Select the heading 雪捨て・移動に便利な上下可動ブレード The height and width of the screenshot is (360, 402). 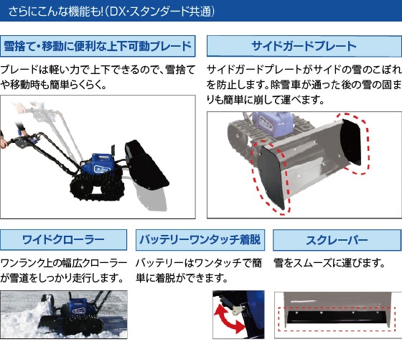point(98,47)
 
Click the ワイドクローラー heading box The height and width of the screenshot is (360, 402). point(64,239)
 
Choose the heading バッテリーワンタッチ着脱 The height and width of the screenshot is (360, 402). point(200,239)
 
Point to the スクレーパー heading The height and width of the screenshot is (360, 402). point(337,239)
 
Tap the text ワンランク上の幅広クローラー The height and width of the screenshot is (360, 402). point(64,263)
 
